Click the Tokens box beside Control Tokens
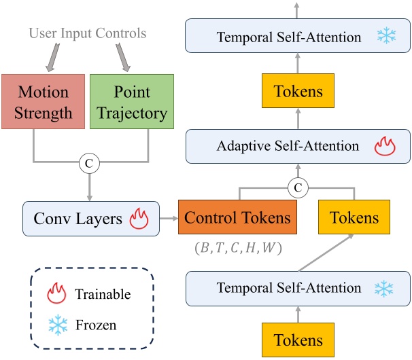(354, 218)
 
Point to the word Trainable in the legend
(102, 295)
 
